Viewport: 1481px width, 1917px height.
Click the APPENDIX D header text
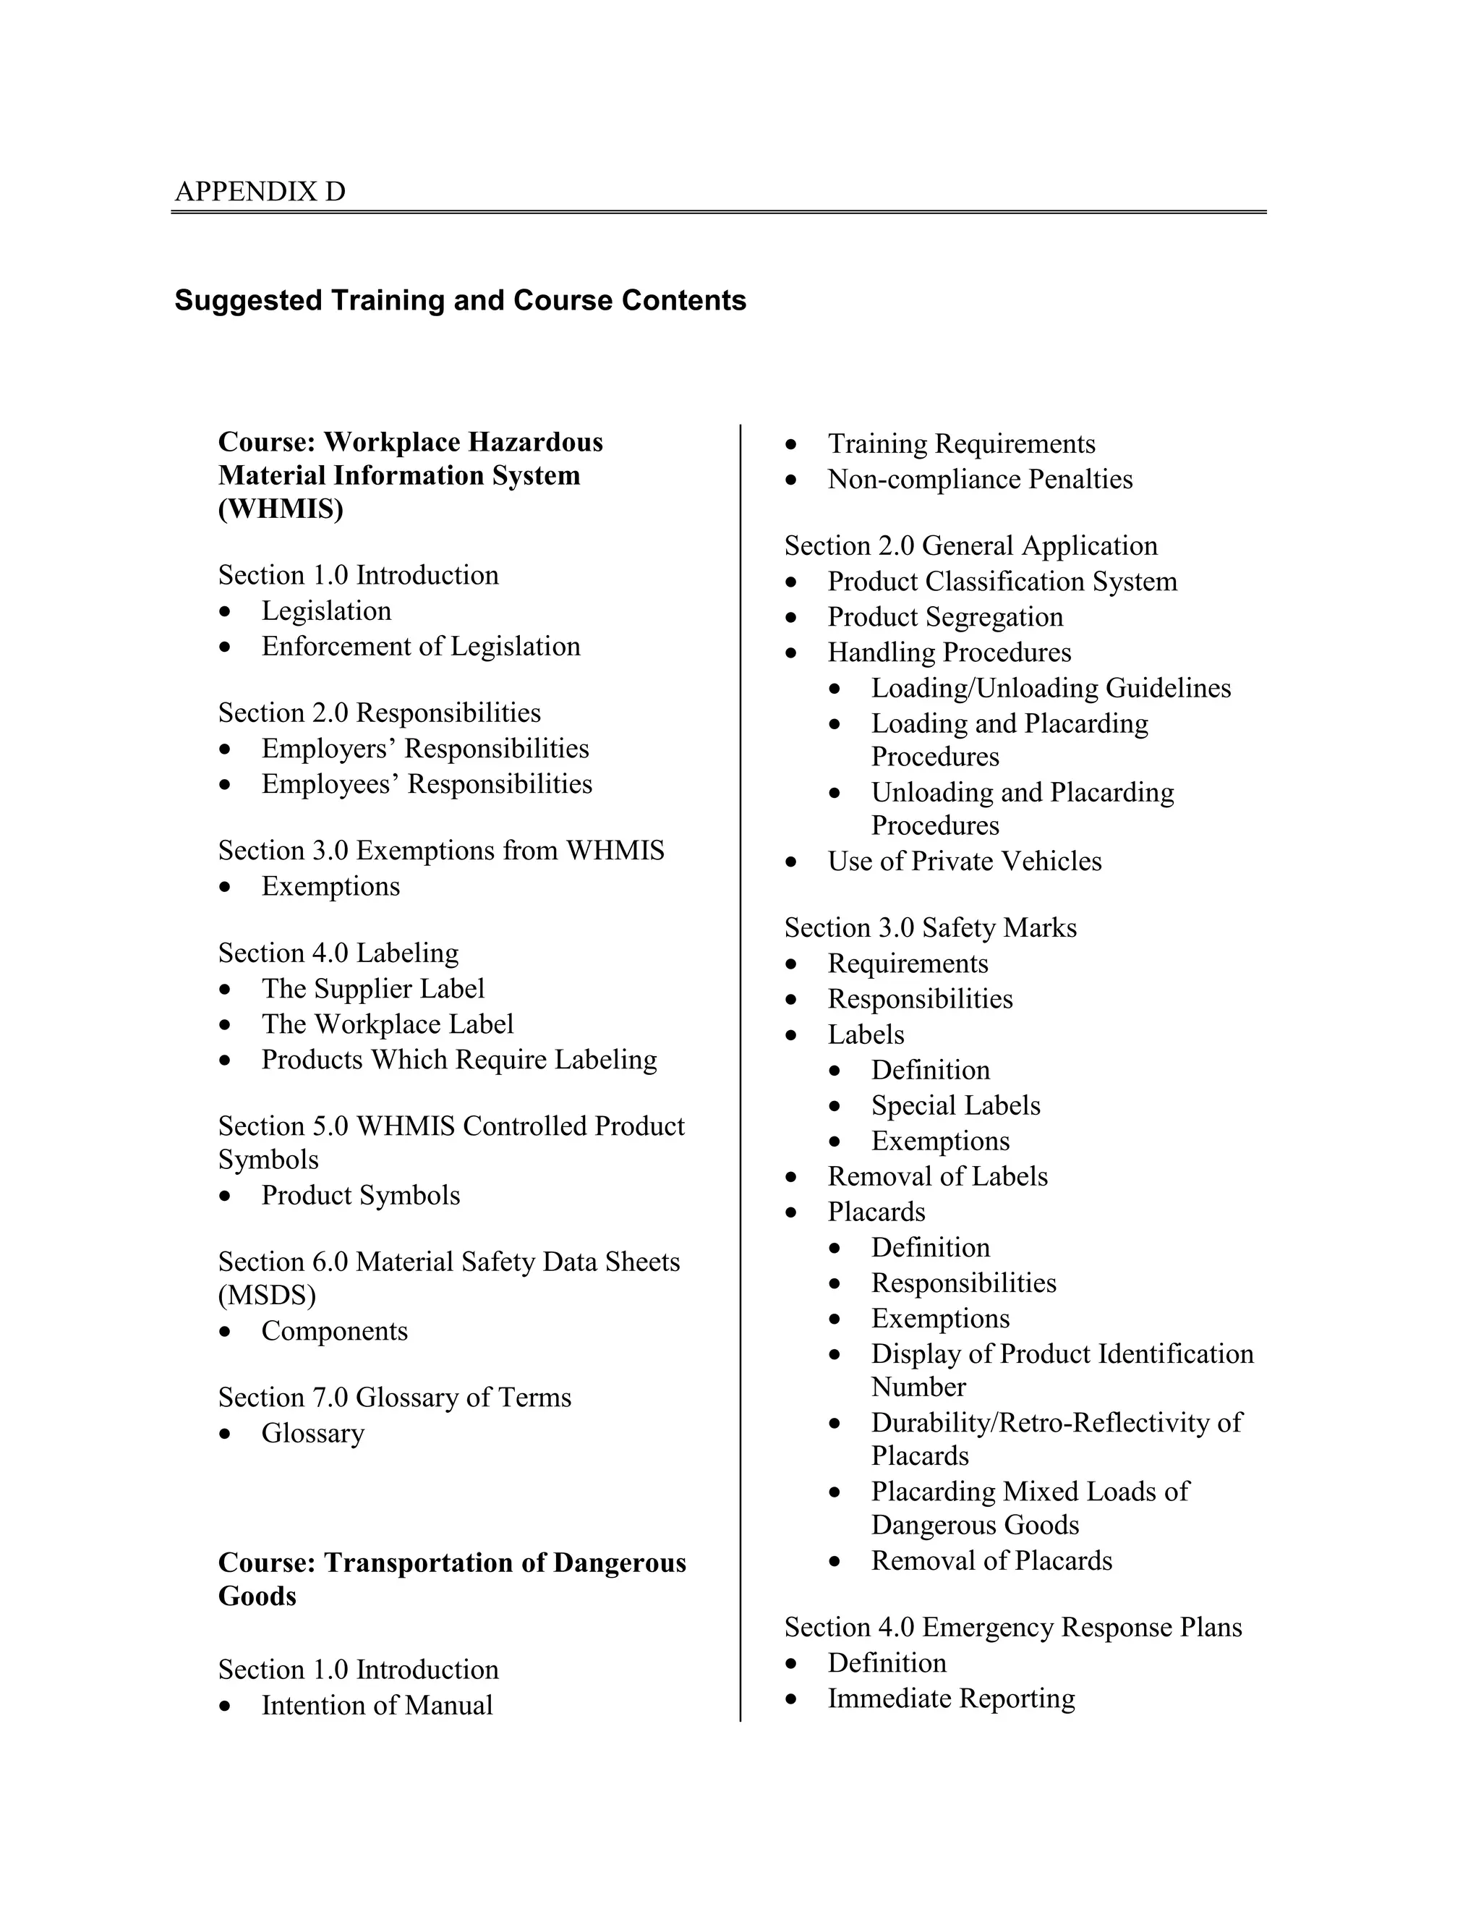(x=260, y=192)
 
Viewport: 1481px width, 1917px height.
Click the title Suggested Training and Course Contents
(x=460, y=300)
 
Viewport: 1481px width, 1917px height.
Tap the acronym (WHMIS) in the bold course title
(x=281, y=509)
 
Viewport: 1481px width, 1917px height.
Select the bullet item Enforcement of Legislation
(x=420, y=647)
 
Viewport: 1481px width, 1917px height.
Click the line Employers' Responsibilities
(x=424, y=749)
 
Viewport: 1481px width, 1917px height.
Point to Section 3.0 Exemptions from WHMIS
(x=441, y=851)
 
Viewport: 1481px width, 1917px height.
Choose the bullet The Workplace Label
(x=387, y=1024)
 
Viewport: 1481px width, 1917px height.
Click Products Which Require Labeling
(x=459, y=1060)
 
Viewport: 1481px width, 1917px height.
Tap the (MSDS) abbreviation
(x=267, y=1296)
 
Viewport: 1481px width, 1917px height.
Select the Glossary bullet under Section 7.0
(x=312, y=1433)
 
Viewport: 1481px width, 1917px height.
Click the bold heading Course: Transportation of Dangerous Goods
(x=452, y=1563)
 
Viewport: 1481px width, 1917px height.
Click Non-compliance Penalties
(x=979, y=480)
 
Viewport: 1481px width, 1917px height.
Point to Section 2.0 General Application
(x=970, y=546)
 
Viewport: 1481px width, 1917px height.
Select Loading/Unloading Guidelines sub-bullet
(x=1050, y=688)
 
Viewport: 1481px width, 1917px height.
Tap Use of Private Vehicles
(x=964, y=861)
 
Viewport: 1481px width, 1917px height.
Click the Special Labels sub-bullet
(x=955, y=1106)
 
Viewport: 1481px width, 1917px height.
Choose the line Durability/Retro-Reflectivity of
(x=1057, y=1423)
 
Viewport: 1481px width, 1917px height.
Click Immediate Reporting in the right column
(x=951, y=1699)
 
